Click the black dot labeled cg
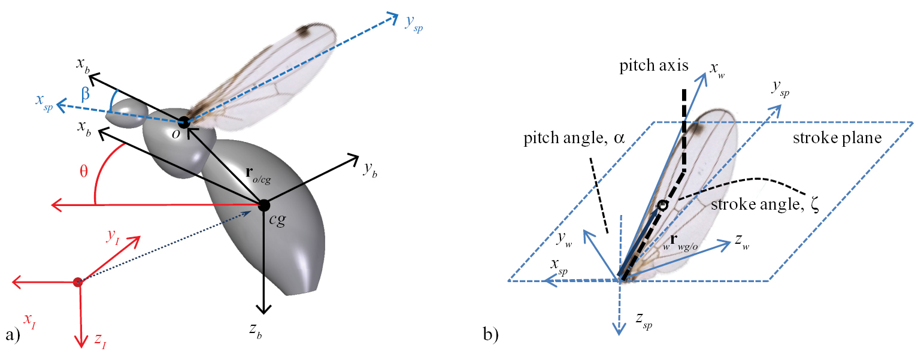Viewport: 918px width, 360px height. click(263, 205)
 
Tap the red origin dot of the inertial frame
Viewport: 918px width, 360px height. click(77, 282)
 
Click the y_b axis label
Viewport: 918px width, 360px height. click(369, 170)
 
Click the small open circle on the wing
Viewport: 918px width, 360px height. click(662, 205)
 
